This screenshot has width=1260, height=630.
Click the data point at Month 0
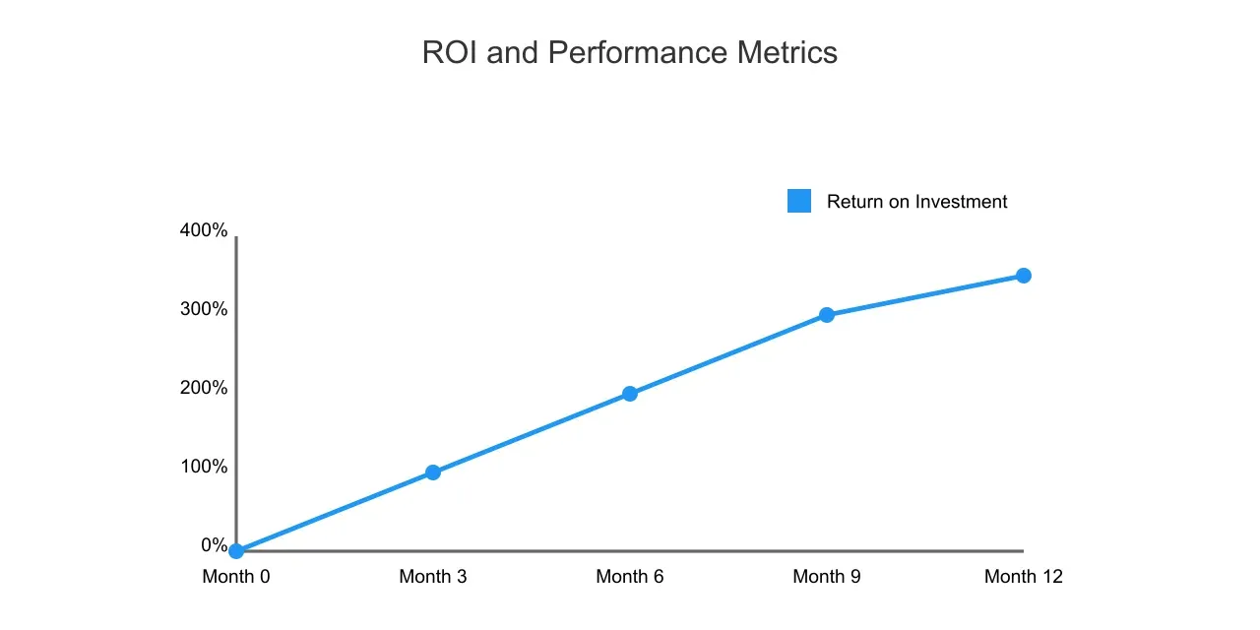[x=236, y=551]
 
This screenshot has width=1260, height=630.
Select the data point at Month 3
[x=433, y=472]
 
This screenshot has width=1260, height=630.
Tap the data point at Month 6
[x=630, y=394]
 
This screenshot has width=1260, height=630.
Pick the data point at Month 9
[x=827, y=315]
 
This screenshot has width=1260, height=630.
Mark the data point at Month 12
[x=1024, y=276]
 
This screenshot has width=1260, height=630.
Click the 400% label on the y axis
[x=204, y=230]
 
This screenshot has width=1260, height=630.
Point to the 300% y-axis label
[x=204, y=309]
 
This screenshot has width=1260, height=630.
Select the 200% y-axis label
[x=204, y=388]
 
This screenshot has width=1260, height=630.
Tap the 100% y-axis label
[x=204, y=467]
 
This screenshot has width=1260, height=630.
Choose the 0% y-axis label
[x=215, y=545]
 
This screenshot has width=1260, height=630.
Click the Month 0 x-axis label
[x=236, y=577]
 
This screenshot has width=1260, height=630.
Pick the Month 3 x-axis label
[x=433, y=577]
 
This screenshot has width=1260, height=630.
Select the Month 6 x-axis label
[x=630, y=577]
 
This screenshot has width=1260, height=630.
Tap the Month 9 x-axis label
[x=827, y=577]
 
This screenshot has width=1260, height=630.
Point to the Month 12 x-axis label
[x=1024, y=577]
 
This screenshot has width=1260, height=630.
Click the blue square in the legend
[x=799, y=201]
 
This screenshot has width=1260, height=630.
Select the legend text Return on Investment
[x=916, y=202]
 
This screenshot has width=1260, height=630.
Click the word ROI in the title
[x=450, y=52]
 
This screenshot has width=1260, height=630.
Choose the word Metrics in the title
[x=787, y=52]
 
